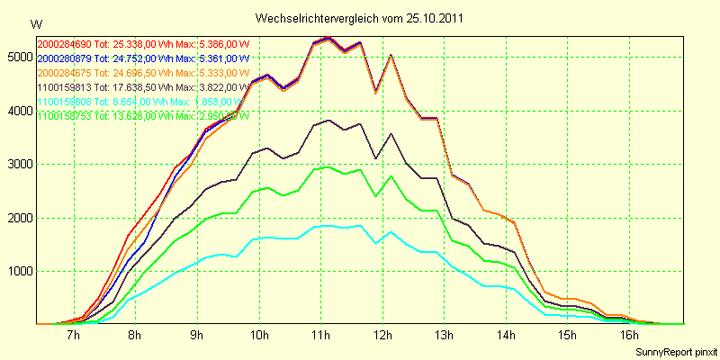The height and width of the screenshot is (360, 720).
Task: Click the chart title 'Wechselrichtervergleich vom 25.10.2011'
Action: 360,18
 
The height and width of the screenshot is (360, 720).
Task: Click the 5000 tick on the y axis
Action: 18,57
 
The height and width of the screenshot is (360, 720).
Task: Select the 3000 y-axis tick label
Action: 18,164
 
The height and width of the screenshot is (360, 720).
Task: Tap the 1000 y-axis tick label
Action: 18,271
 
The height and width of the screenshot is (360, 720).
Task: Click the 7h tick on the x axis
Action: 74,336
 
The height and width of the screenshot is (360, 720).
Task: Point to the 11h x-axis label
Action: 321,336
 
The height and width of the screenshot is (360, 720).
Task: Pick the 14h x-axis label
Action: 507,336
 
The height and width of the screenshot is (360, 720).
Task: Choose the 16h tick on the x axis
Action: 630,336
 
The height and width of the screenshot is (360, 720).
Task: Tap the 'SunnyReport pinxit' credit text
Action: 675,351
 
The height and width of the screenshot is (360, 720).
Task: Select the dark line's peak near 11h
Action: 328,120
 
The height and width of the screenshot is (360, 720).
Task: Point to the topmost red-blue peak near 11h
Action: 328,38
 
